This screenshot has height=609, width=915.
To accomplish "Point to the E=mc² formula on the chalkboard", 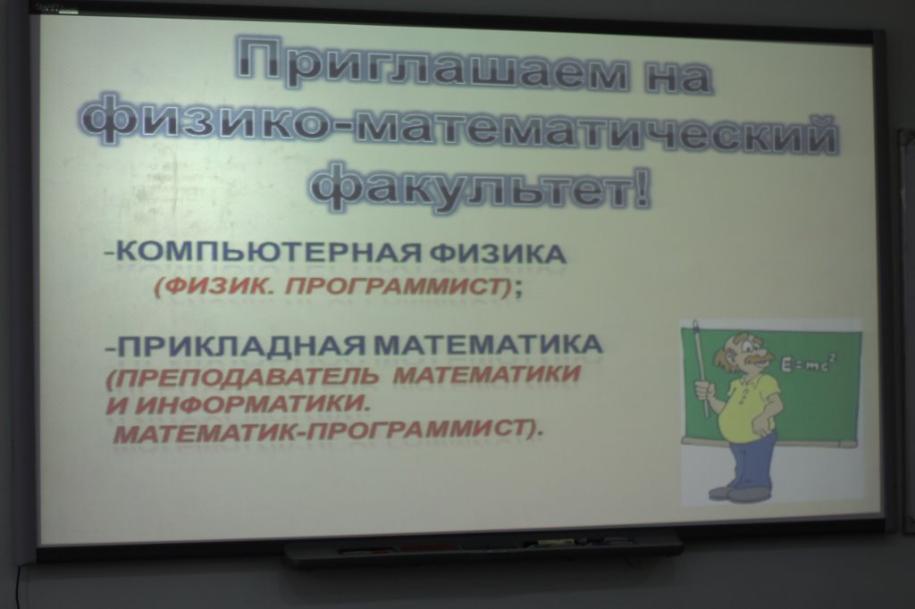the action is (x=810, y=364).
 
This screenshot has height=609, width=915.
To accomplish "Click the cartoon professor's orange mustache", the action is (x=757, y=361).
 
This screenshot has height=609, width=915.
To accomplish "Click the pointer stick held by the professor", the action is (x=701, y=368).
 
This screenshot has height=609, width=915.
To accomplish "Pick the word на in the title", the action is (x=678, y=74).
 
